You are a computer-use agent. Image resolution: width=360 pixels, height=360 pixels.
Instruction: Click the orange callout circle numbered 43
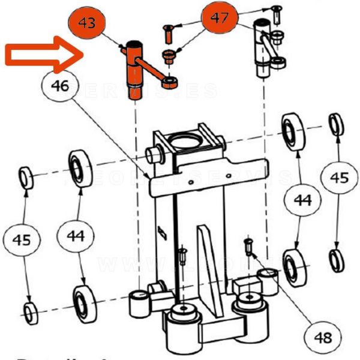tap(86, 25)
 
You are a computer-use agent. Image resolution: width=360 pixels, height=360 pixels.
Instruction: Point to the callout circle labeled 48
tap(323, 337)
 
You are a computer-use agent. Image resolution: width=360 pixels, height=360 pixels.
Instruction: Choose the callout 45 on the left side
tap(22, 240)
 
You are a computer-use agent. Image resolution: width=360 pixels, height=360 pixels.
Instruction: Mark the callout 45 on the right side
tap(339, 178)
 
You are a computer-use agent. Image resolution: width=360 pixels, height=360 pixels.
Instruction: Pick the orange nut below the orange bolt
tap(169, 57)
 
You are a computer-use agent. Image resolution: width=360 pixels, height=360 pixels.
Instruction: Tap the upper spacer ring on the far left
tap(26, 178)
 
